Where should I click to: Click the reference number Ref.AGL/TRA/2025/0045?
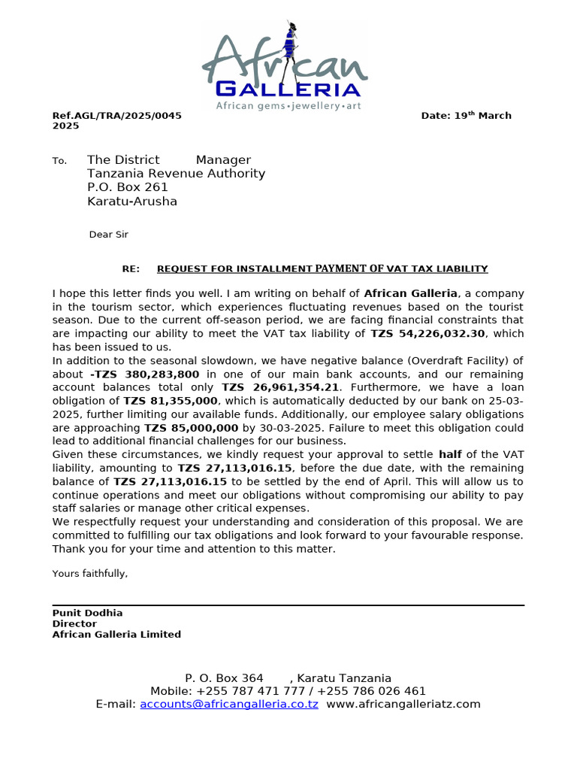116,116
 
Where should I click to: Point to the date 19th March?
466,116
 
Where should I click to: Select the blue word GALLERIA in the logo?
288,89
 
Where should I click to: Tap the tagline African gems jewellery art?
288,107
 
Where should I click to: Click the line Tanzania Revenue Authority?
176,174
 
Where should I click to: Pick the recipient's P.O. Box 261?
128,187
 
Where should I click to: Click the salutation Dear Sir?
109,235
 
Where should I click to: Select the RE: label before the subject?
131,269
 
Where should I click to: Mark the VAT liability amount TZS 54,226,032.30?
428,333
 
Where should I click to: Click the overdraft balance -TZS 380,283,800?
145,374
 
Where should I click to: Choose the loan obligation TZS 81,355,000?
171,402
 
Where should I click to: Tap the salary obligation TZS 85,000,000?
191,428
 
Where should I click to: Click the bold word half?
450,455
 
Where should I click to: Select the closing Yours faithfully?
90,574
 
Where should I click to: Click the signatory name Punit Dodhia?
87,613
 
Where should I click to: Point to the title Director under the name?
74,623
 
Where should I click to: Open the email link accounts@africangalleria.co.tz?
229,705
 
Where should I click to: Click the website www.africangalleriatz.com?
403,705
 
